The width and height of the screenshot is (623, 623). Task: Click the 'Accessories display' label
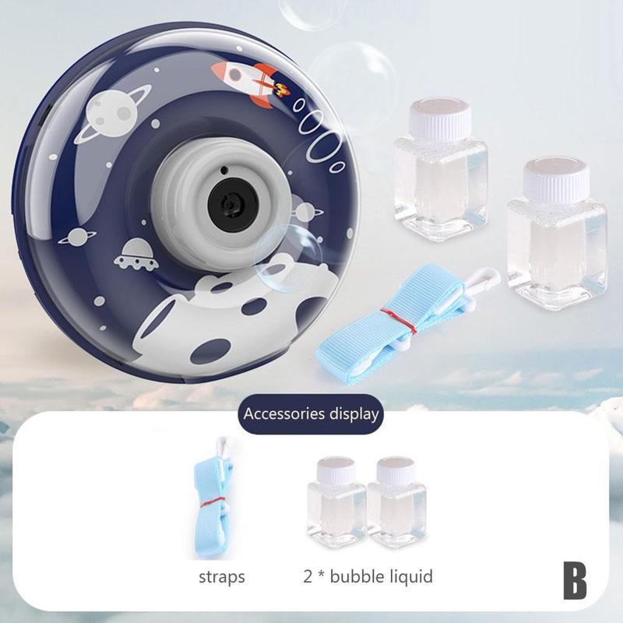(x=311, y=414)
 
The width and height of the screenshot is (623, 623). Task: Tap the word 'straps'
(x=222, y=577)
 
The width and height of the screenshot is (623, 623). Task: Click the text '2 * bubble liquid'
(x=368, y=577)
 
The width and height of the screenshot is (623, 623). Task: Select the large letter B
(x=575, y=581)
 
